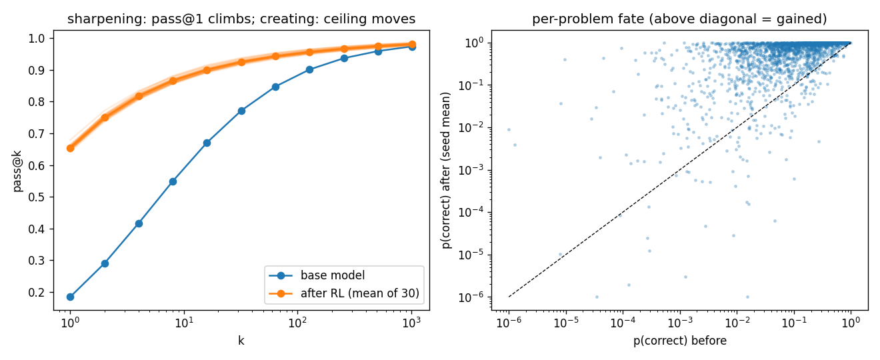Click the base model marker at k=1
[70, 297]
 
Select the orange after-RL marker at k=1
[70, 148]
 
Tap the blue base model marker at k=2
[105, 263]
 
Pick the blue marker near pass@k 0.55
[173, 181]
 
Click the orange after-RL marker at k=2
[105, 117]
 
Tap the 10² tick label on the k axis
[298, 323]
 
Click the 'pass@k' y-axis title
[18, 171]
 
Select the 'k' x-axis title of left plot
[241, 341]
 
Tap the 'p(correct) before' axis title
[680, 341]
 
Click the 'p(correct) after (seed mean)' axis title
[446, 170]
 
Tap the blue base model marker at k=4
[139, 223]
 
